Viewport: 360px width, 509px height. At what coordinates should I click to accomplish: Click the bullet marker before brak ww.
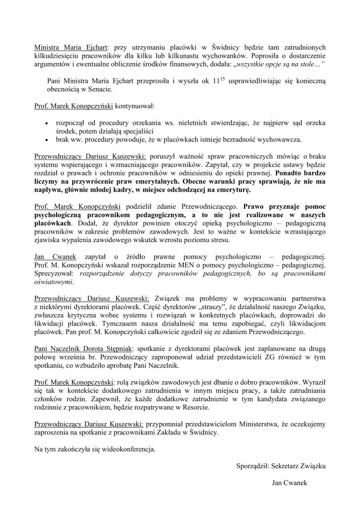coord(47,141)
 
